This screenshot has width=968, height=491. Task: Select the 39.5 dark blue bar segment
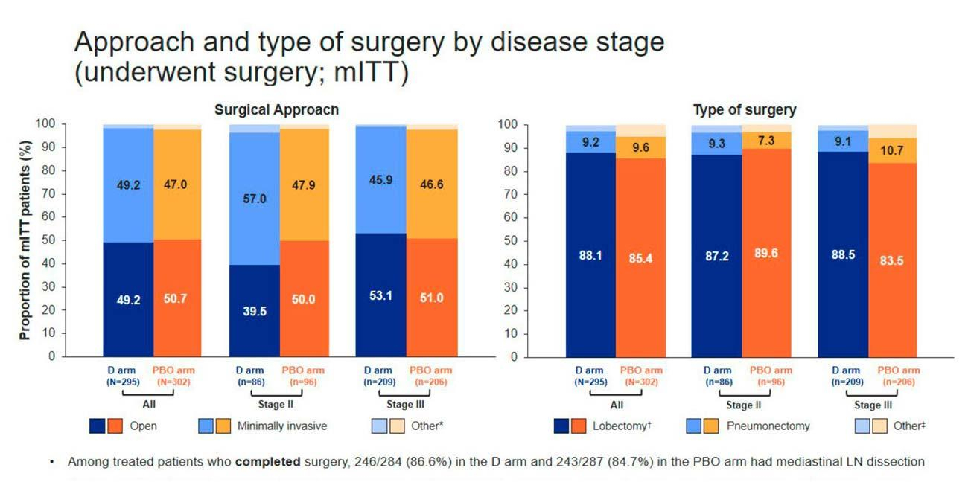pos(255,311)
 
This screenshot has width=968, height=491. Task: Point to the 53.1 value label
pos(381,295)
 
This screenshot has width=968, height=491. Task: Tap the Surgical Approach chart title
pos(276,109)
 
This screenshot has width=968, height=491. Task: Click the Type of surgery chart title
pos(744,110)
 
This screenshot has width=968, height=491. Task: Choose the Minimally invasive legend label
pos(282,426)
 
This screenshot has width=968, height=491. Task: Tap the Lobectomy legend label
pos(622,426)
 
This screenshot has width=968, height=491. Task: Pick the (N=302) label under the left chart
pos(178,382)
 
